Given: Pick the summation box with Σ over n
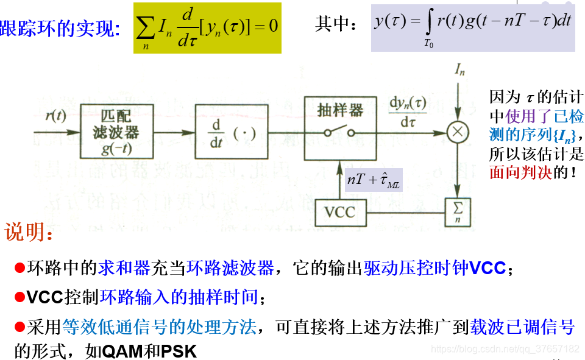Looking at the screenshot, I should (457, 212).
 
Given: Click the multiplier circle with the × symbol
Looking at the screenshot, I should (457, 132).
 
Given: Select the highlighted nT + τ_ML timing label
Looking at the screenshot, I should (374, 180).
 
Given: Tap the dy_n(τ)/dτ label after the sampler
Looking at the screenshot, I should (408, 111).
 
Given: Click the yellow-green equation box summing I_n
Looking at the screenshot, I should (207, 27).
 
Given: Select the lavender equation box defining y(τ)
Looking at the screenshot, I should (473, 28).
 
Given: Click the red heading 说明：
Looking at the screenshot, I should (29, 233).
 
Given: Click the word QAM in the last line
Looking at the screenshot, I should (122, 351).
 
